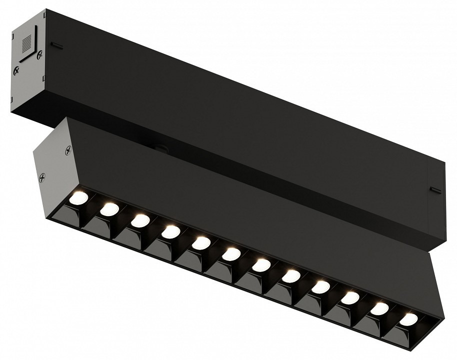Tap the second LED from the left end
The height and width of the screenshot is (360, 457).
(109, 209)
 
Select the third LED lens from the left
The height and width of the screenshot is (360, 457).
(140, 220)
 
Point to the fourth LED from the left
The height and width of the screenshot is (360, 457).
(171, 231)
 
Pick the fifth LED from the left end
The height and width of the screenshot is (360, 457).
(201, 242)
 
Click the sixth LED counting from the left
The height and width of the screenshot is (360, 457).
(231, 253)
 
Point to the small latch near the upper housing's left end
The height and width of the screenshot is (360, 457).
(56, 46)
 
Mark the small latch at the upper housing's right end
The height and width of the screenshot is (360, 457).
(434, 190)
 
